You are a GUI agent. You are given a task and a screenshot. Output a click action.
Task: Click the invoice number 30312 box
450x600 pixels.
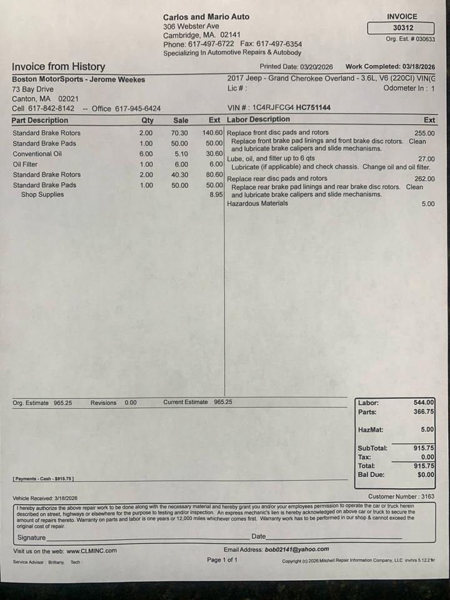pos(400,28)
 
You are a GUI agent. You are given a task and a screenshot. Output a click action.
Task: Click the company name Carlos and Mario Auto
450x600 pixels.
pos(206,17)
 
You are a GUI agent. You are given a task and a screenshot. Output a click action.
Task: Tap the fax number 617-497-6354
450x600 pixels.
pos(279,44)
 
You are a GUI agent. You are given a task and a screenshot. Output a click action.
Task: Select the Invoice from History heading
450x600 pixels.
pos(58,67)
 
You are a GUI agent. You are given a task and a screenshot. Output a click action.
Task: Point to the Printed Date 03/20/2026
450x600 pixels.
pos(296,67)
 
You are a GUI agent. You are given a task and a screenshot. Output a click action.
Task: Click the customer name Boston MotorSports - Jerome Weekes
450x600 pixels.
pos(78,79)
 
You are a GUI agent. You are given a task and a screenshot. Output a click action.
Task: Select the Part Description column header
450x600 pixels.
pos(40,120)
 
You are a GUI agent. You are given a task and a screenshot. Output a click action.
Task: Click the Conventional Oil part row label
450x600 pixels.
pos(37,154)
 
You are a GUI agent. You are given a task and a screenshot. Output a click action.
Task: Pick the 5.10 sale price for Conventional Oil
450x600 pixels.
pos(181,154)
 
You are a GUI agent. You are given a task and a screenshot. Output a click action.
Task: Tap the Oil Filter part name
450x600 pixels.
pos(25,164)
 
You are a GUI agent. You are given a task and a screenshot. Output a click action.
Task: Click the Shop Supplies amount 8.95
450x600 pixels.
pos(216,195)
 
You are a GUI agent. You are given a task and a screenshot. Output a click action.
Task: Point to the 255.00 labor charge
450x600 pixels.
pos(424,133)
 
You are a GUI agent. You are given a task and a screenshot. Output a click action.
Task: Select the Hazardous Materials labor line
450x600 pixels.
pos(257,204)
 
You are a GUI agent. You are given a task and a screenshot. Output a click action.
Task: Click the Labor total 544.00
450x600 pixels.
pos(424,402)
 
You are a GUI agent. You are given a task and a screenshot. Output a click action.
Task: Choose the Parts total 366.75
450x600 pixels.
pos(424,412)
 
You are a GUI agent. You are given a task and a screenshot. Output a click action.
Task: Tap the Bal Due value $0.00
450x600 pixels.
pos(426,475)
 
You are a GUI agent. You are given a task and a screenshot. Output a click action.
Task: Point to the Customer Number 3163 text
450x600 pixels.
pos(401,497)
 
